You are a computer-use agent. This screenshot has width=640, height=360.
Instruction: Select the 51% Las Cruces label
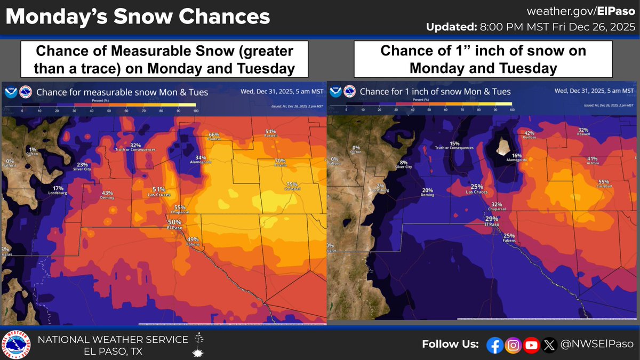click(x=158, y=191)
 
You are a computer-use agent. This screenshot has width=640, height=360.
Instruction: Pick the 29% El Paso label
click(x=491, y=221)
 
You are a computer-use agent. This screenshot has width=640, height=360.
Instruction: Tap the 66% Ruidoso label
click(x=214, y=137)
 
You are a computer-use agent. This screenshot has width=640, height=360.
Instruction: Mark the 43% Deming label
click(x=107, y=195)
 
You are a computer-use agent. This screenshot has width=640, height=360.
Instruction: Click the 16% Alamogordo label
click(x=501, y=157)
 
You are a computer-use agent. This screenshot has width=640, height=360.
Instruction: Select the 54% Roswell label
click(x=270, y=133)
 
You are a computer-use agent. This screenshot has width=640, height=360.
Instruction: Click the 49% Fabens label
click(x=193, y=241)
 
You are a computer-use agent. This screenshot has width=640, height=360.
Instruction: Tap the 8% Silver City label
click(x=403, y=164)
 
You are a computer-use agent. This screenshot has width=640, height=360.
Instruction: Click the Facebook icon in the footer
click(x=495, y=345)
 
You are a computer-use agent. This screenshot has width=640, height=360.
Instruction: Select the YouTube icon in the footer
click(x=531, y=345)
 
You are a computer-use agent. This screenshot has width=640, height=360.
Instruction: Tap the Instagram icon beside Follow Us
click(x=513, y=345)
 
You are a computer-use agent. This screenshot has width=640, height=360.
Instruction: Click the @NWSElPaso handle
click(x=597, y=345)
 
